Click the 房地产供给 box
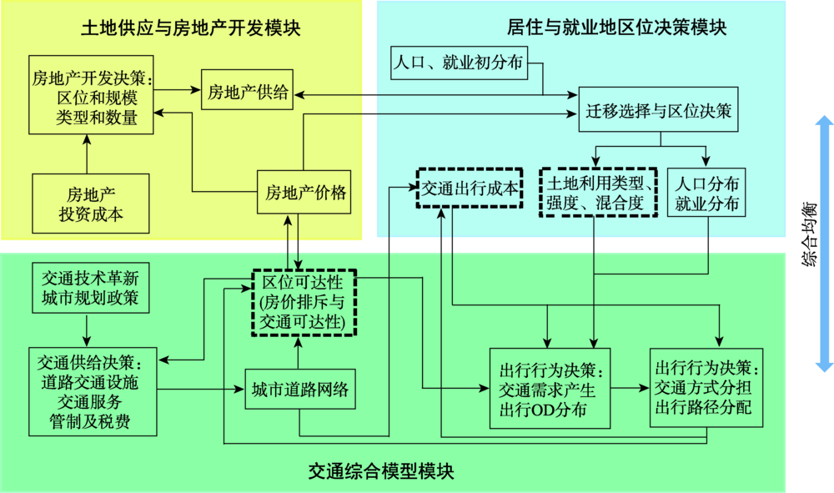click(x=248, y=92)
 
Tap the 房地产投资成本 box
click(x=91, y=203)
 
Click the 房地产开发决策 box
click(x=91, y=95)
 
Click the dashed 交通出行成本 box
click(x=470, y=190)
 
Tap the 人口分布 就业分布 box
click(x=707, y=193)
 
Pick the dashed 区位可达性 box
click(x=304, y=300)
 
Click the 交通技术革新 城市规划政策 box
click(x=90, y=288)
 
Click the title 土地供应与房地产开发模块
click(x=190, y=28)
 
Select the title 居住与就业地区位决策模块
click(x=617, y=28)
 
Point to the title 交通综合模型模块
click(x=380, y=470)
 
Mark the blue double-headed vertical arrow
click(x=825, y=242)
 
